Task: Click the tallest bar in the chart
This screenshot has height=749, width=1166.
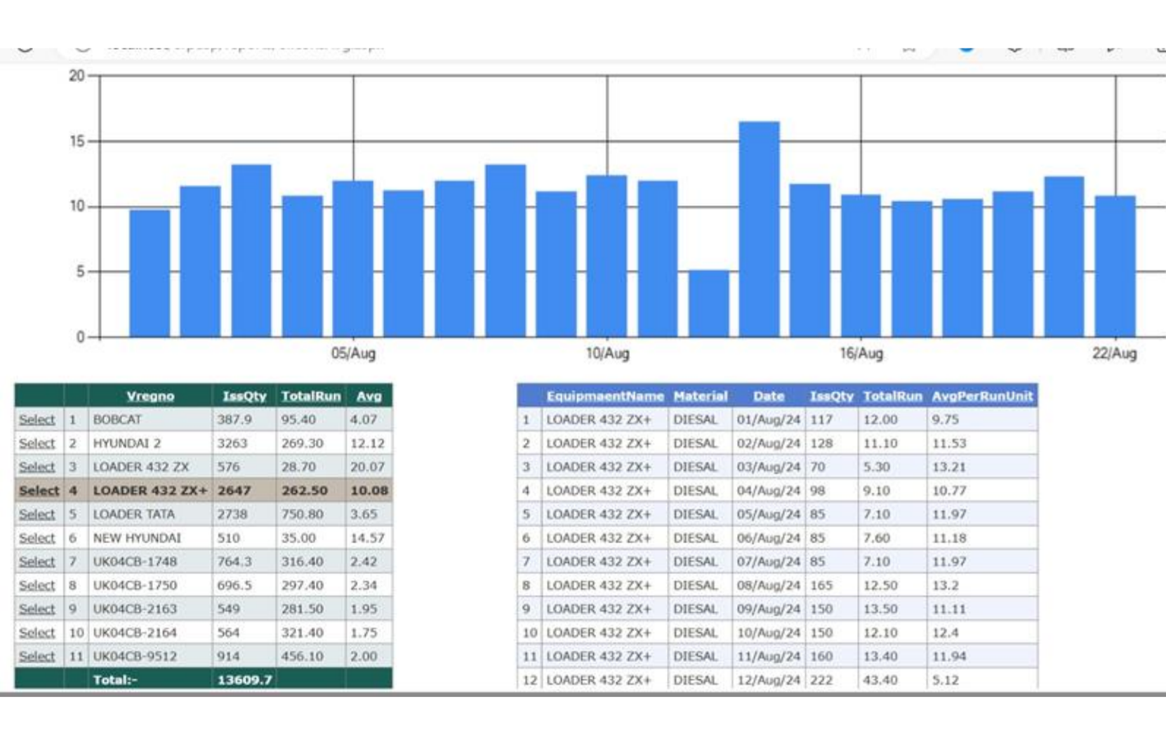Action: click(759, 229)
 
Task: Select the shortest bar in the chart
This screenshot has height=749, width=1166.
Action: click(708, 303)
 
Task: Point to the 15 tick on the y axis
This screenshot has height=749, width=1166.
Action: click(77, 141)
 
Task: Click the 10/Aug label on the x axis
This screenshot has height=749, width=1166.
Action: click(607, 353)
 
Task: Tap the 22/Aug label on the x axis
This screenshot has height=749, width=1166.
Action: click(1114, 353)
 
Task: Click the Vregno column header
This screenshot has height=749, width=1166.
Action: click(150, 396)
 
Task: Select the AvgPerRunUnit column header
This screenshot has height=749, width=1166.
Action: click(981, 396)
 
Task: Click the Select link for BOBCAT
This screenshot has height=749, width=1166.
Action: click(37, 420)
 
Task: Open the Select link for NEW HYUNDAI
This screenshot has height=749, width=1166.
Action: click(37, 538)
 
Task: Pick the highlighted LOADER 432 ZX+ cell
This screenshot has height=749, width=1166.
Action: click(150, 491)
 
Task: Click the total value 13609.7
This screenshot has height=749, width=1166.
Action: click(244, 680)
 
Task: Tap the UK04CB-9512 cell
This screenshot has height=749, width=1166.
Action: click(135, 656)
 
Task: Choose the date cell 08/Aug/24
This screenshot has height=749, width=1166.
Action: click(768, 585)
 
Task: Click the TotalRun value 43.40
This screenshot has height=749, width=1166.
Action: click(880, 680)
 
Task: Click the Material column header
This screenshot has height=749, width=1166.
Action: click(700, 396)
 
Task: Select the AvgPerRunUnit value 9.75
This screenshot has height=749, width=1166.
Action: click(945, 420)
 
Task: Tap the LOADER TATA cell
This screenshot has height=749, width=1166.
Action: click(133, 515)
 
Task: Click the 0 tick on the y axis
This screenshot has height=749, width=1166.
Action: click(81, 337)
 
